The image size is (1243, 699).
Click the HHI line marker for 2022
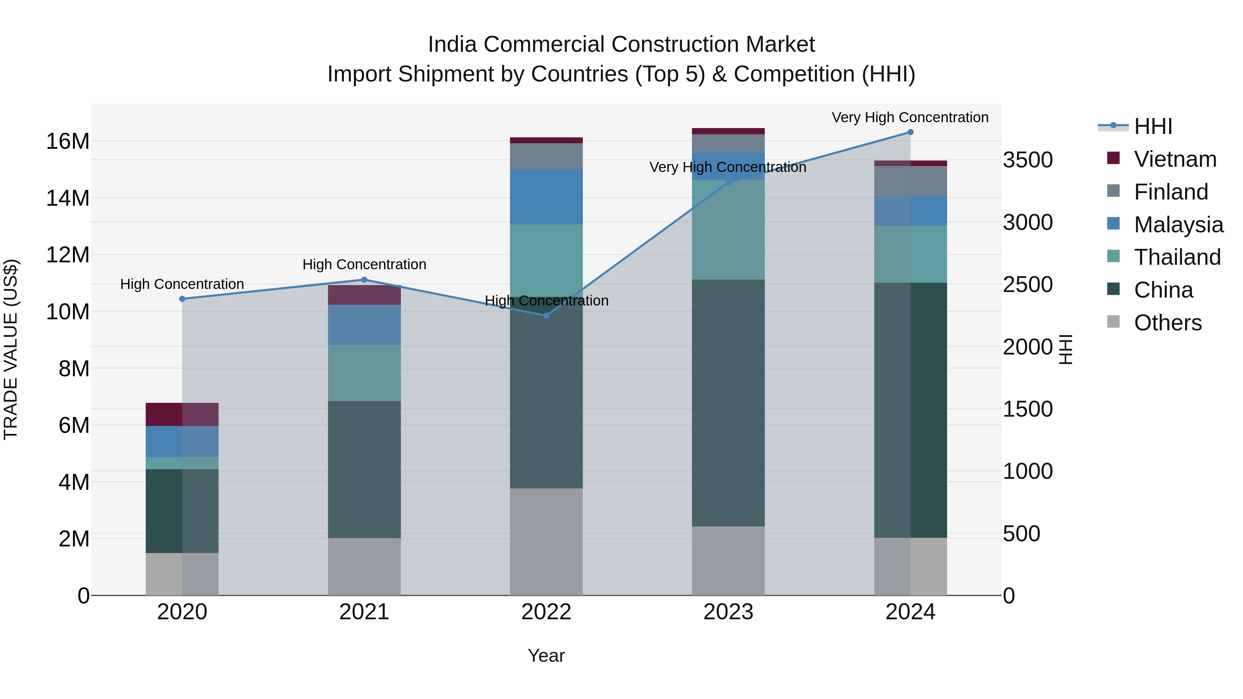point(546,315)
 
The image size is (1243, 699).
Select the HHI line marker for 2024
point(910,132)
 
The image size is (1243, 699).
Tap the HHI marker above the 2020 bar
point(182,299)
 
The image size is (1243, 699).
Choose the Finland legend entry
point(1171,192)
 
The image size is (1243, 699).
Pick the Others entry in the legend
point(1168,323)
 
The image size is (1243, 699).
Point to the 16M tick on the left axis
point(68,141)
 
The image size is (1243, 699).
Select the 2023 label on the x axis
point(728,612)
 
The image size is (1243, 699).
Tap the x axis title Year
point(546,656)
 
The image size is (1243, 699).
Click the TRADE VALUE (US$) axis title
point(11,349)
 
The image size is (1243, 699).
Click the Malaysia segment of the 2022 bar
point(546,197)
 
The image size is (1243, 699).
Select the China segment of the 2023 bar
point(728,403)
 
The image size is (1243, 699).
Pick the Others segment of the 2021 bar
point(364,566)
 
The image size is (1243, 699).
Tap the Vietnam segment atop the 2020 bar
point(182,414)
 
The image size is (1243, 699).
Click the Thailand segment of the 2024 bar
point(910,254)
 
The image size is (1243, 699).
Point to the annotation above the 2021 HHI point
point(364,264)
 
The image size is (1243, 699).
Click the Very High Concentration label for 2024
point(910,117)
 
